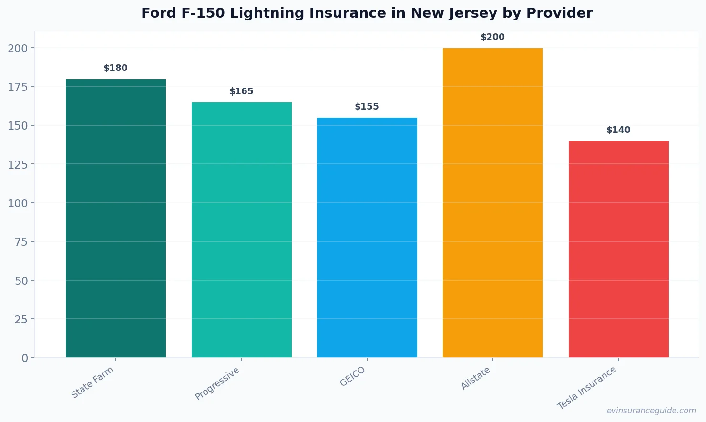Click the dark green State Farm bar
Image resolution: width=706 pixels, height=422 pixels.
[x=116, y=218]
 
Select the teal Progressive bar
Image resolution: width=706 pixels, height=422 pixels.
[x=241, y=230]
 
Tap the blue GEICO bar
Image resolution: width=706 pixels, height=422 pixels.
[x=367, y=237]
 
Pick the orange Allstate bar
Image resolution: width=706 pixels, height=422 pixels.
[x=492, y=202]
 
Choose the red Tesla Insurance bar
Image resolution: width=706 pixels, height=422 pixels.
[x=618, y=249]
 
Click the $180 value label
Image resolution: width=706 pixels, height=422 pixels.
[x=116, y=68]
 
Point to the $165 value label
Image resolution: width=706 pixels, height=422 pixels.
[x=241, y=91]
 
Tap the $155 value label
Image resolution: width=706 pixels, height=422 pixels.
[x=367, y=107]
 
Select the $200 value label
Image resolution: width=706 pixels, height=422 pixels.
[x=492, y=37]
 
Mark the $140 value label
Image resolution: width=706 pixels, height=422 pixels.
[x=618, y=130]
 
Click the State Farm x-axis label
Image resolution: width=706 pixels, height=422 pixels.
[x=92, y=382]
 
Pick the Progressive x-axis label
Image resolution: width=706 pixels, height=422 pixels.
[x=217, y=383]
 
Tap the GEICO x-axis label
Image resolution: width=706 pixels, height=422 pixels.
[x=353, y=376]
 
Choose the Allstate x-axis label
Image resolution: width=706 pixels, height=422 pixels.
[x=476, y=378]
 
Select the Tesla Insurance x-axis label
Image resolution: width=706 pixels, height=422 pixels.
[x=587, y=388]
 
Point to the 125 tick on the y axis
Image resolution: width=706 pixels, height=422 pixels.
[x=18, y=164]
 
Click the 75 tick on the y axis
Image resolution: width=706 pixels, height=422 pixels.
[x=21, y=242]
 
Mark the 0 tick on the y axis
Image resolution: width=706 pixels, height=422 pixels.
[x=25, y=358]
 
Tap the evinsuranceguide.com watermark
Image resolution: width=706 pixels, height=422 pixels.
[x=651, y=411]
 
